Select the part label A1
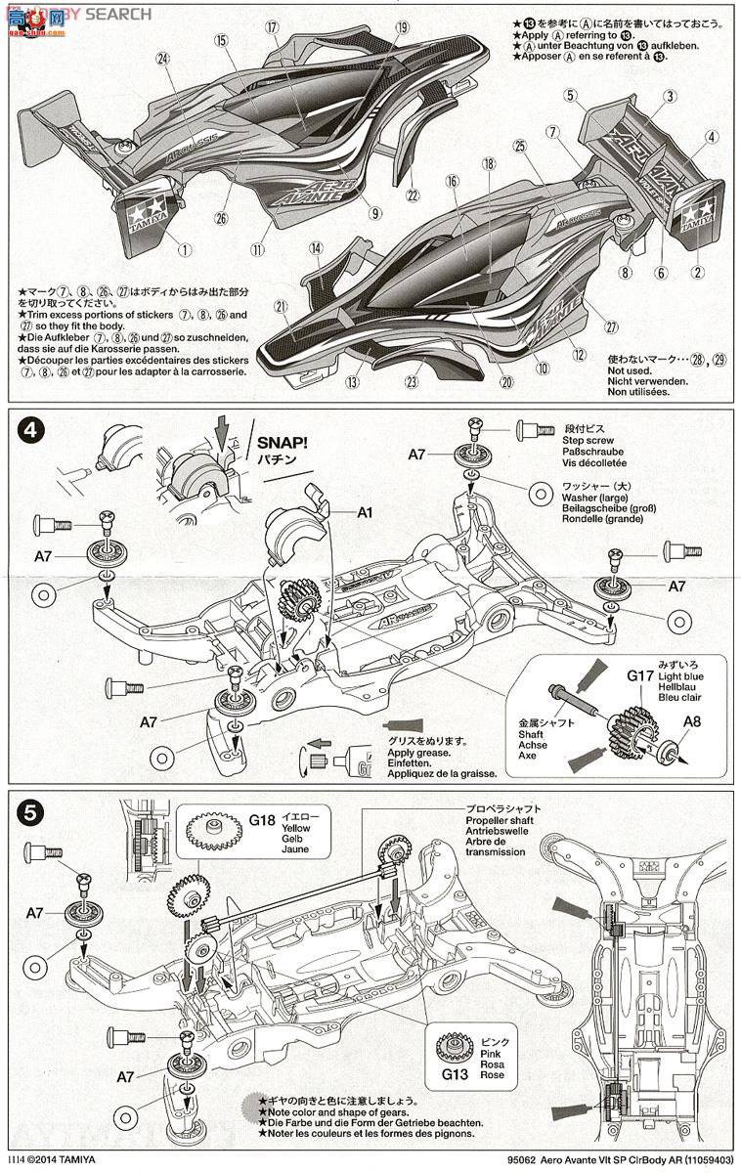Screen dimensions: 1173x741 [365, 510]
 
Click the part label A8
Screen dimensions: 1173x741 [691, 721]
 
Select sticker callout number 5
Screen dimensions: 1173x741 [569, 96]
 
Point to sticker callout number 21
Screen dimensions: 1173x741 [281, 307]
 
